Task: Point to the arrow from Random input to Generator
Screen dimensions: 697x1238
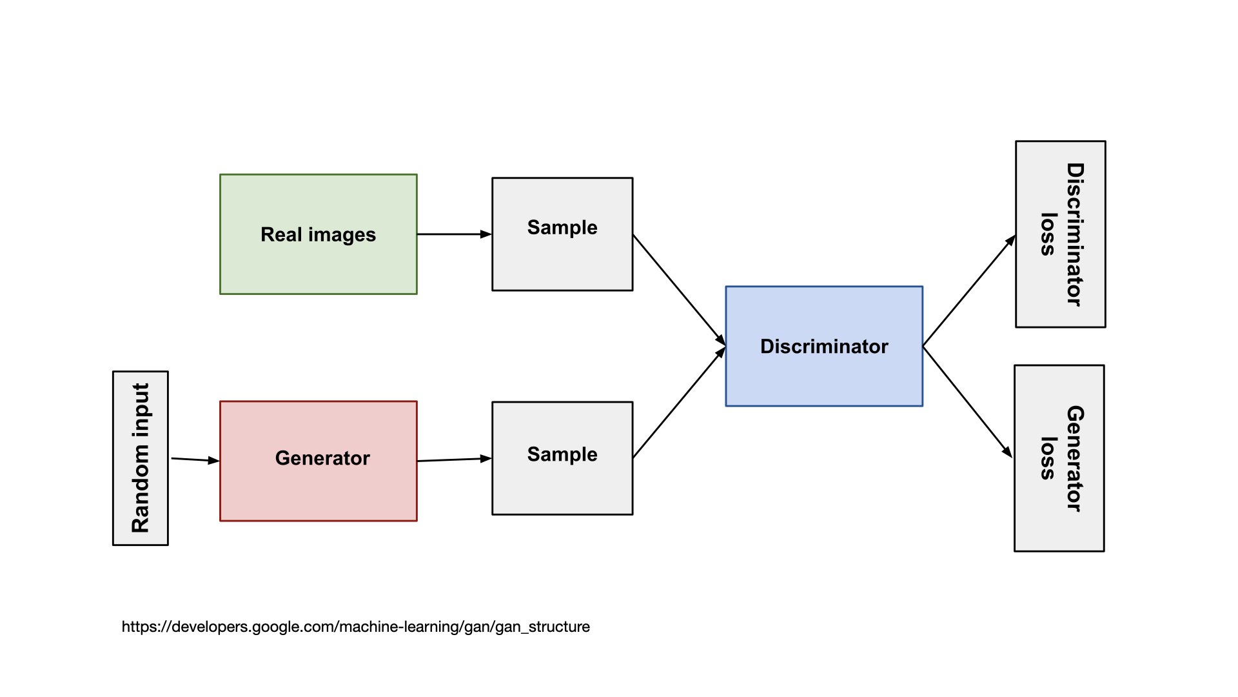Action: pyautogui.click(x=195, y=460)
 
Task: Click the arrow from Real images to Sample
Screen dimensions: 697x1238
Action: pyautogui.click(x=454, y=234)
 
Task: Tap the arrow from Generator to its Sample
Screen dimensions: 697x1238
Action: pyautogui.click(x=454, y=460)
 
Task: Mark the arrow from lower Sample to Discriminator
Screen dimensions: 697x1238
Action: pyautogui.click(x=679, y=403)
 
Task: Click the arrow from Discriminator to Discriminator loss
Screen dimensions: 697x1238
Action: pyautogui.click(x=968, y=291)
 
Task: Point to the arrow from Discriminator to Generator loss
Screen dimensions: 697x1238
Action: pyautogui.click(x=967, y=401)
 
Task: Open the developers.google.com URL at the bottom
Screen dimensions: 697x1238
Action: pyautogui.click(x=355, y=627)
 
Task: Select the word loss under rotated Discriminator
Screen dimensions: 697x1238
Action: pyautogui.click(x=1048, y=234)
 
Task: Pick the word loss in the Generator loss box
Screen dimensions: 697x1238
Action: pyautogui.click(x=1048, y=458)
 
